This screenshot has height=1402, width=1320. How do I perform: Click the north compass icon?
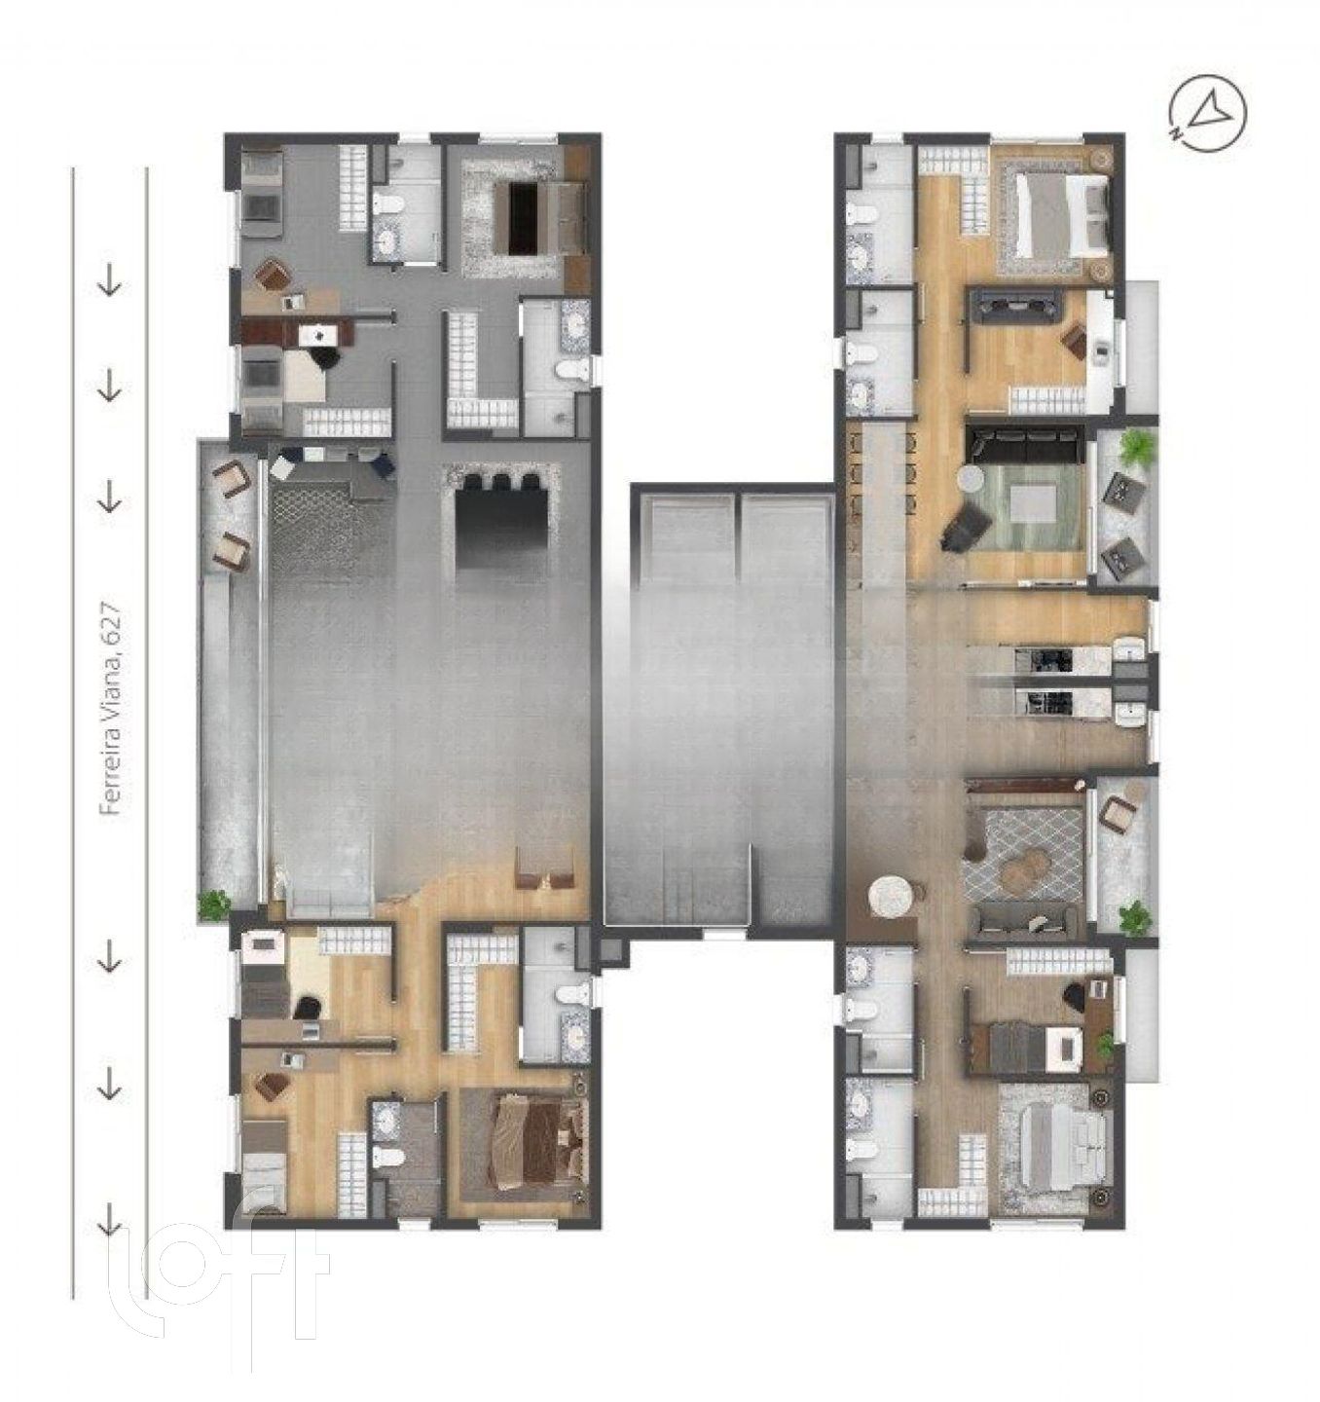tap(1207, 113)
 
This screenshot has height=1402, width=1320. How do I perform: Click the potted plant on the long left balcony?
tap(213, 904)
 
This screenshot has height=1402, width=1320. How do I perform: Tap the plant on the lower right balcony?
tap(1134, 917)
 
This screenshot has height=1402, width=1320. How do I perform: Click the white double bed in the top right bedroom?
tap(1061, 216)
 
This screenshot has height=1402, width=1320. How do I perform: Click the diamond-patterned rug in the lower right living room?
tap(1022, 857)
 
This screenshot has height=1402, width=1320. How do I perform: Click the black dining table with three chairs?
tap(502, 523)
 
